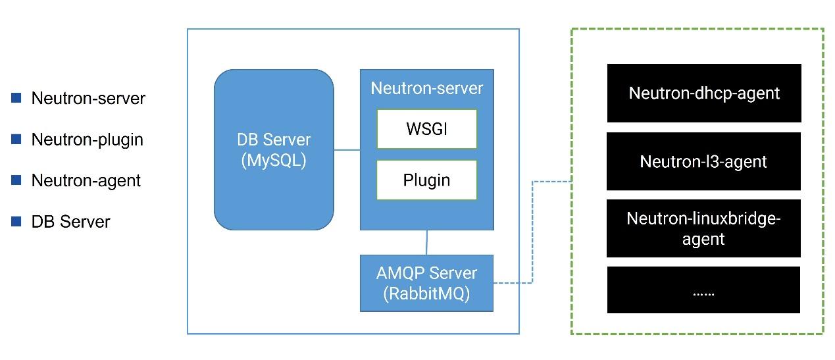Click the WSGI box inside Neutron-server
click(x=426, y=129)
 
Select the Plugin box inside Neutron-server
click(x=426, y=180)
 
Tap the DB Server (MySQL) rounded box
click(x=273, y=150)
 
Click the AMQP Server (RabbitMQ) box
click(x=426, y=283)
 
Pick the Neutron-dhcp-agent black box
click(x=703, y=93)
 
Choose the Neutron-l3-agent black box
click(x=703, y=161)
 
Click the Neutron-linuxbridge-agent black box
click(x=703, y=228)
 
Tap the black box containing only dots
click(x=703, y=290)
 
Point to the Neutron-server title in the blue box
click(x=426, y=88)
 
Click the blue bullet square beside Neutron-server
click(x=16, y=98)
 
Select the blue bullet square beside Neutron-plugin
click(x=16, y=140)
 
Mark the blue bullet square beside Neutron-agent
click(x=16, y=180)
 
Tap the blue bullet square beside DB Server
click(x=16, y=222)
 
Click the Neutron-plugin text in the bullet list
click(x=87, y=140)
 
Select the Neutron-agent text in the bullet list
click(x=86, y=180)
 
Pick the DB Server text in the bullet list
click(x=70, y=222)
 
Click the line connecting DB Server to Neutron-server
click(x=347, y=150)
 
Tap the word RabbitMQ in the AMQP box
click(x=426, y=294)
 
